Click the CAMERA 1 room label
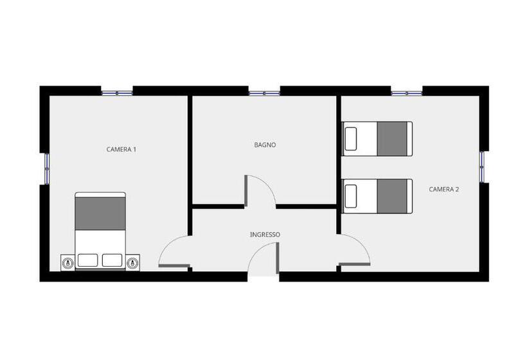coord(121,149)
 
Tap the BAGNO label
coord(265,145)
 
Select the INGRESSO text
coord(265,235)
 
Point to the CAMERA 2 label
coord(443,189)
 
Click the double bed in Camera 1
coord(100,231)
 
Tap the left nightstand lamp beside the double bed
coord(68,262)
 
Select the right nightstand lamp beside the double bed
coord(133,262)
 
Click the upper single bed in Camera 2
coord(377,139)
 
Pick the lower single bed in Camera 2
coord(377,196)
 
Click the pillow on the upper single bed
coord(350,139)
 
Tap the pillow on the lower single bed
coord(350,196)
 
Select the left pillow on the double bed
coord(87,260)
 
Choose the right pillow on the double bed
coord(112,260)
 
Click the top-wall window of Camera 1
coord(117,93)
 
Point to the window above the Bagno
coord(264,93)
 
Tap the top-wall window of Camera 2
coord(407,93)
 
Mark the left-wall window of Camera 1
coord(47,168)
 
